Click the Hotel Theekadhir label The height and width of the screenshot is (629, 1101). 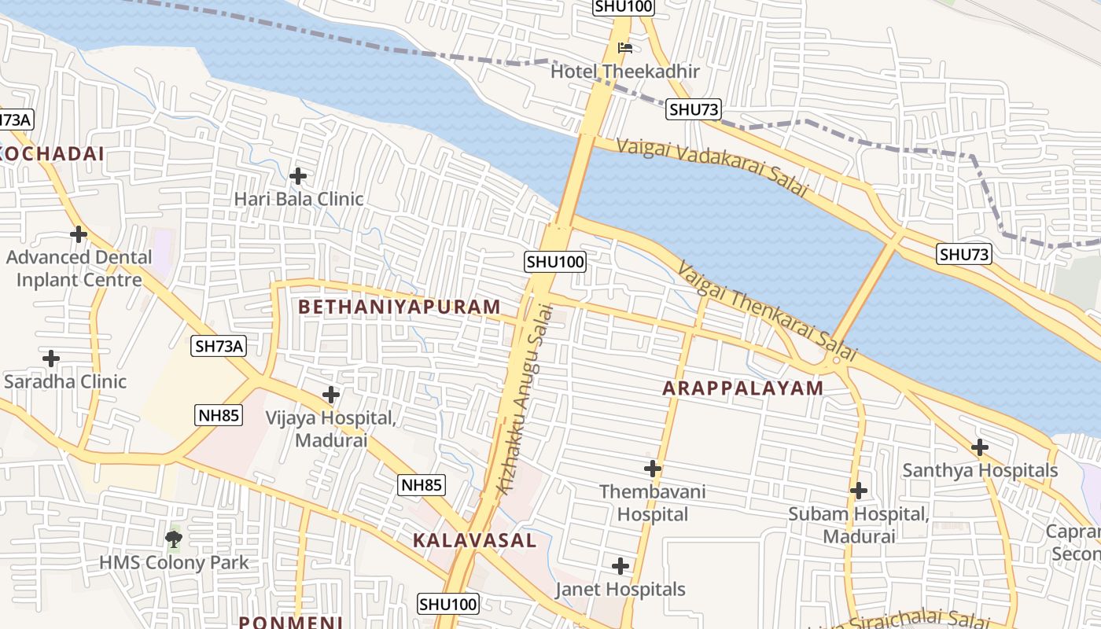tap(624, 72)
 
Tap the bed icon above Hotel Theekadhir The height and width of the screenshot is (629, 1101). tap(625, 48)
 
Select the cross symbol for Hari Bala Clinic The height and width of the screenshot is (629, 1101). tap(298, 176)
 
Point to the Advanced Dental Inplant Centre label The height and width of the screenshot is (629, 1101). tap(79, 268)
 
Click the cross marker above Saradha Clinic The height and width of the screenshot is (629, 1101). tap(51, 359)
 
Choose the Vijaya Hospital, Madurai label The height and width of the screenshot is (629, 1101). tap(330, 429)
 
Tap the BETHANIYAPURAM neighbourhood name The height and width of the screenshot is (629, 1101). tap(400, 307)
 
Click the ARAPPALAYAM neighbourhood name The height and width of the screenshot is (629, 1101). tap(742, 388)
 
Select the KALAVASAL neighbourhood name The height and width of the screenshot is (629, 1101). tap(474, 541)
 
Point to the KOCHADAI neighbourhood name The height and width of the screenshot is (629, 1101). tap(53, 154)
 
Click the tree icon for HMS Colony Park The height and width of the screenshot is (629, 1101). tap(174, 539)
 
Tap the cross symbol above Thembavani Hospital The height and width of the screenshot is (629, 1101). tap(652, 469)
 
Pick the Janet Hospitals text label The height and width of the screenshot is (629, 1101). tap(620, 589)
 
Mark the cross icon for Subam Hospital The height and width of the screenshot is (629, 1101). tap(859, 491)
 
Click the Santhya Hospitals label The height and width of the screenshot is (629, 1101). tap(979, 470)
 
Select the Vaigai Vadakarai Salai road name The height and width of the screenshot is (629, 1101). tap(713, 167)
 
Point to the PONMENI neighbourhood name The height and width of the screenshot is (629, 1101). tap(290, 622)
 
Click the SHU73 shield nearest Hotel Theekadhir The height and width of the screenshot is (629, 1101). tap(694, 109)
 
